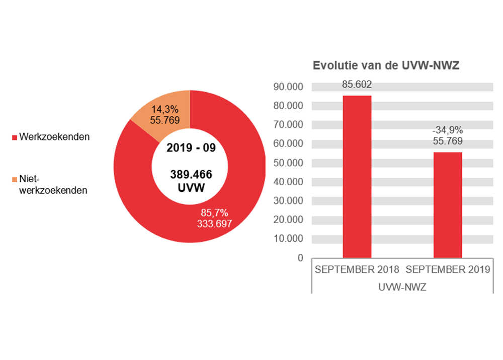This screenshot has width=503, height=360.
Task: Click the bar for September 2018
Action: point(357,176)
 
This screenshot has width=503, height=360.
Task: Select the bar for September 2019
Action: point(448,205)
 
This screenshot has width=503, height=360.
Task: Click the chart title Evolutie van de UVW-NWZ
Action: point(386,65)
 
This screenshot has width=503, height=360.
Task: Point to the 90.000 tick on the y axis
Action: point(288,87)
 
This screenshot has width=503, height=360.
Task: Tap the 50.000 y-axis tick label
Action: point(288,163)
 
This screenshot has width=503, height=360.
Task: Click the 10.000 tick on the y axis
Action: point(288,239)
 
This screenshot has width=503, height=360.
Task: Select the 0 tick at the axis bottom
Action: point(300,258)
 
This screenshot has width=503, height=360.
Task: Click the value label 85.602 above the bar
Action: point(357,84)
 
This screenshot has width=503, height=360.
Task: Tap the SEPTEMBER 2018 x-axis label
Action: point(357,269)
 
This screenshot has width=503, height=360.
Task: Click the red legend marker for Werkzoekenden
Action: point(15,137)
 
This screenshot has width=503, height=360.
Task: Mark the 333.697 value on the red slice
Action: point(215,224)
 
